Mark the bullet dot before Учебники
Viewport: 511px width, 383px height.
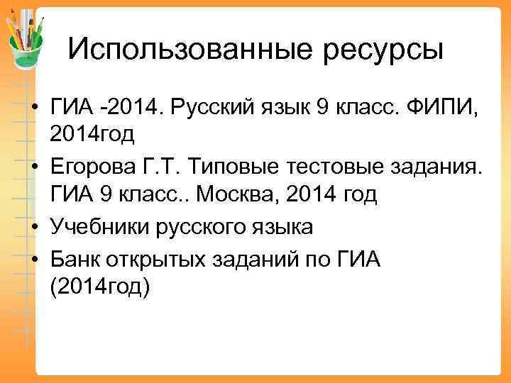34,227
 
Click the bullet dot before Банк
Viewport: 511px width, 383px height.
34,260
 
